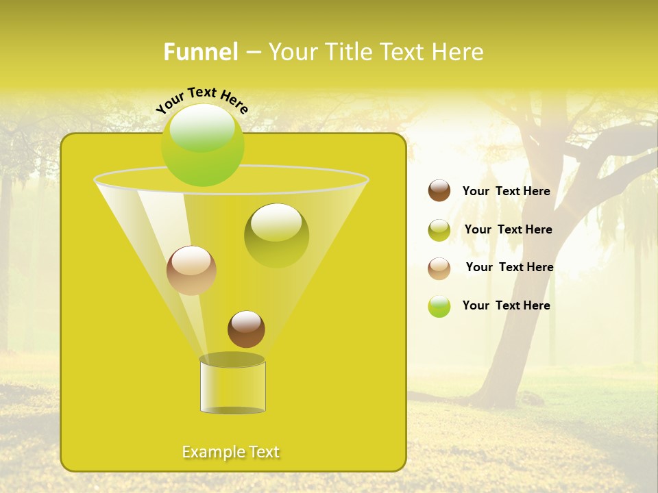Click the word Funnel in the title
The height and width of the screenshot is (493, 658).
[201, 52]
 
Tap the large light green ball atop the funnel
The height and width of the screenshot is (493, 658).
[202, 144]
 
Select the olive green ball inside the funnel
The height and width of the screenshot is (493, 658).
[276, 235]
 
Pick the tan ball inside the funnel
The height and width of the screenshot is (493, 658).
[191, 270]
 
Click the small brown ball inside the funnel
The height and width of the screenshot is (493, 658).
[246, 329]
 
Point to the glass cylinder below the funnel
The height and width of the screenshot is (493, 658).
[232, 385]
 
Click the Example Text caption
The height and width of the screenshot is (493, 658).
[231, 452]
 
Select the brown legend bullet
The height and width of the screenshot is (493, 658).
[439, 190]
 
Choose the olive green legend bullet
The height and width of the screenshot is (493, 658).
[439, 229]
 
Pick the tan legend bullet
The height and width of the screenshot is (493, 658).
[439, 268]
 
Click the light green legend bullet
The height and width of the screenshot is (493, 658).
[439, 306]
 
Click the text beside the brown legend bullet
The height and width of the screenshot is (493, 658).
[506, 191]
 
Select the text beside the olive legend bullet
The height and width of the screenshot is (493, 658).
[508, 229]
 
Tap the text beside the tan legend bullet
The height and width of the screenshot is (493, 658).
[509, 267]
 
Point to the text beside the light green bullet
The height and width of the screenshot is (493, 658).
[506, 305]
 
